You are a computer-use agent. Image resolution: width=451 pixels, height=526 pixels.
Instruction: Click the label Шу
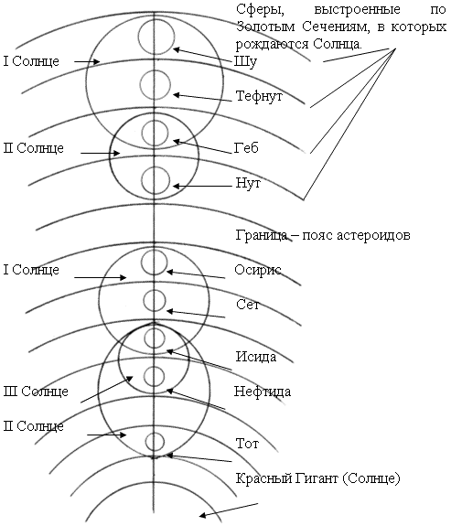tap(245, 61)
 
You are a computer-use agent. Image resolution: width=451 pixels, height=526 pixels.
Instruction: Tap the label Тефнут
tap(259, 96)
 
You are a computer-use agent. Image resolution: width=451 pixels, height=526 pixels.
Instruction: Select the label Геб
tap(246, 148)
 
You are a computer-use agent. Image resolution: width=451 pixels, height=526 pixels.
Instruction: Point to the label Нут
tap(248, 183)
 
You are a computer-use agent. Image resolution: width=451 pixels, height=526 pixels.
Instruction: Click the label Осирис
tap(258, 270)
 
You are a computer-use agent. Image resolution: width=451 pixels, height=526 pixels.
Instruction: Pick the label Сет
tap(248, 305)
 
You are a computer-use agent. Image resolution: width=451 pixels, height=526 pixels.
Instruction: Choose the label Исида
tap(256, 357)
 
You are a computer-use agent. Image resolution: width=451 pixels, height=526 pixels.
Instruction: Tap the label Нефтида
tap(263, 392)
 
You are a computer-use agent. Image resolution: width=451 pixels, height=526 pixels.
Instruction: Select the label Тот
tap(247, 444)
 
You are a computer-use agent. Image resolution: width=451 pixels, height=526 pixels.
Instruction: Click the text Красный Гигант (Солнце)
tap(317, 478)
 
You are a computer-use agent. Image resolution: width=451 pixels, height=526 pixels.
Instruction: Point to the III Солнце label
tap(36, 392)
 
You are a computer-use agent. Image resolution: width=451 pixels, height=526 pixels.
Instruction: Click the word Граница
tap(262, 235)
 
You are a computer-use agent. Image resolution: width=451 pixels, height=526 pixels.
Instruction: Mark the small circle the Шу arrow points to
tap(156, 37)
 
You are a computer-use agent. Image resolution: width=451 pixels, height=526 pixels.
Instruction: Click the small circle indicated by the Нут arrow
tap(156, 181)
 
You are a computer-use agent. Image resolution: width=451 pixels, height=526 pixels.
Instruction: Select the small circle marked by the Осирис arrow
tap(155, 263)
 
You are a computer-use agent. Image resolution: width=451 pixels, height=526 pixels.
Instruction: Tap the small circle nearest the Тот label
tap(155, 442)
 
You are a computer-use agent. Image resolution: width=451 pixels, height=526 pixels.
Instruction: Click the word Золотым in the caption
tap(265, 27)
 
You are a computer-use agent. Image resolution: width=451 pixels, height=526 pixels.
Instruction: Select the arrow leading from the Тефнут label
tap(202, 98)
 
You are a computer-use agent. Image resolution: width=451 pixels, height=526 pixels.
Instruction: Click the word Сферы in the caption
tap(260, 9)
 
